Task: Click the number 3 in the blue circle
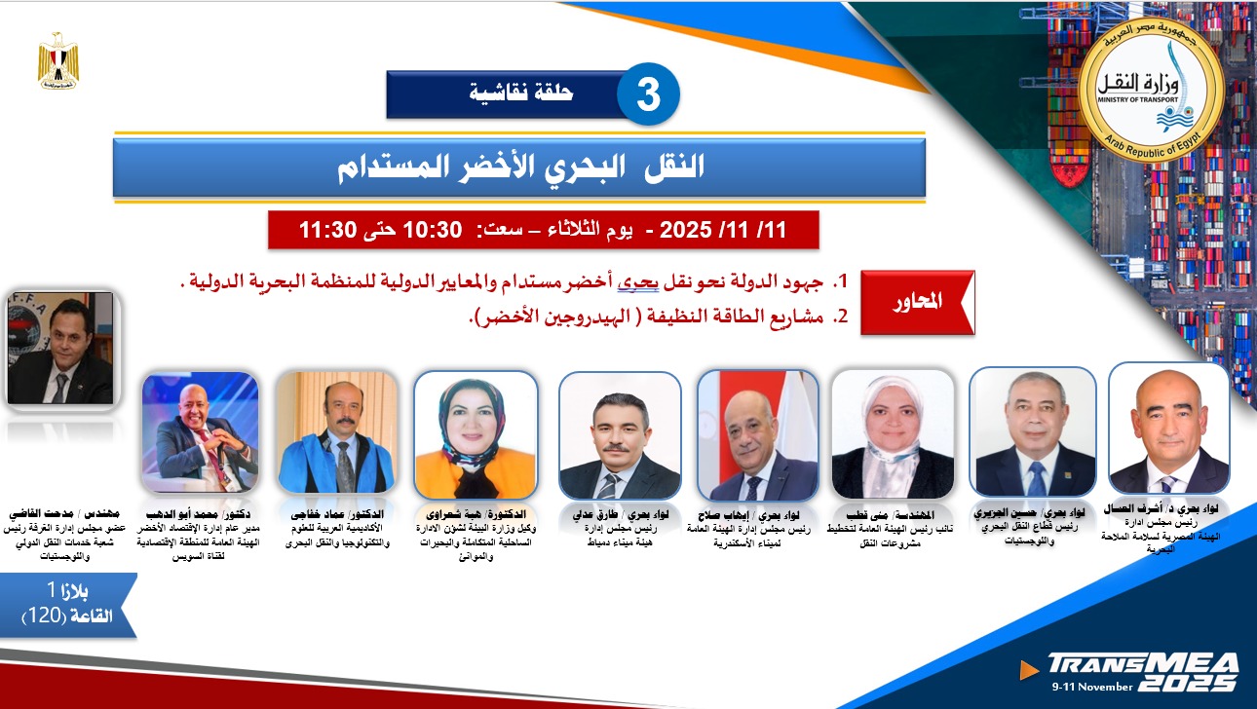point(647,94)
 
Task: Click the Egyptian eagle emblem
point(58,61)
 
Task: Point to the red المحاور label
point(917,303)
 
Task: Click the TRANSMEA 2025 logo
point(1141,670)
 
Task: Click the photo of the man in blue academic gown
point(335,432)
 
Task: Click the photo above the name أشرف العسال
point(1168,429)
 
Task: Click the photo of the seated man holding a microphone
point(200,432)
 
